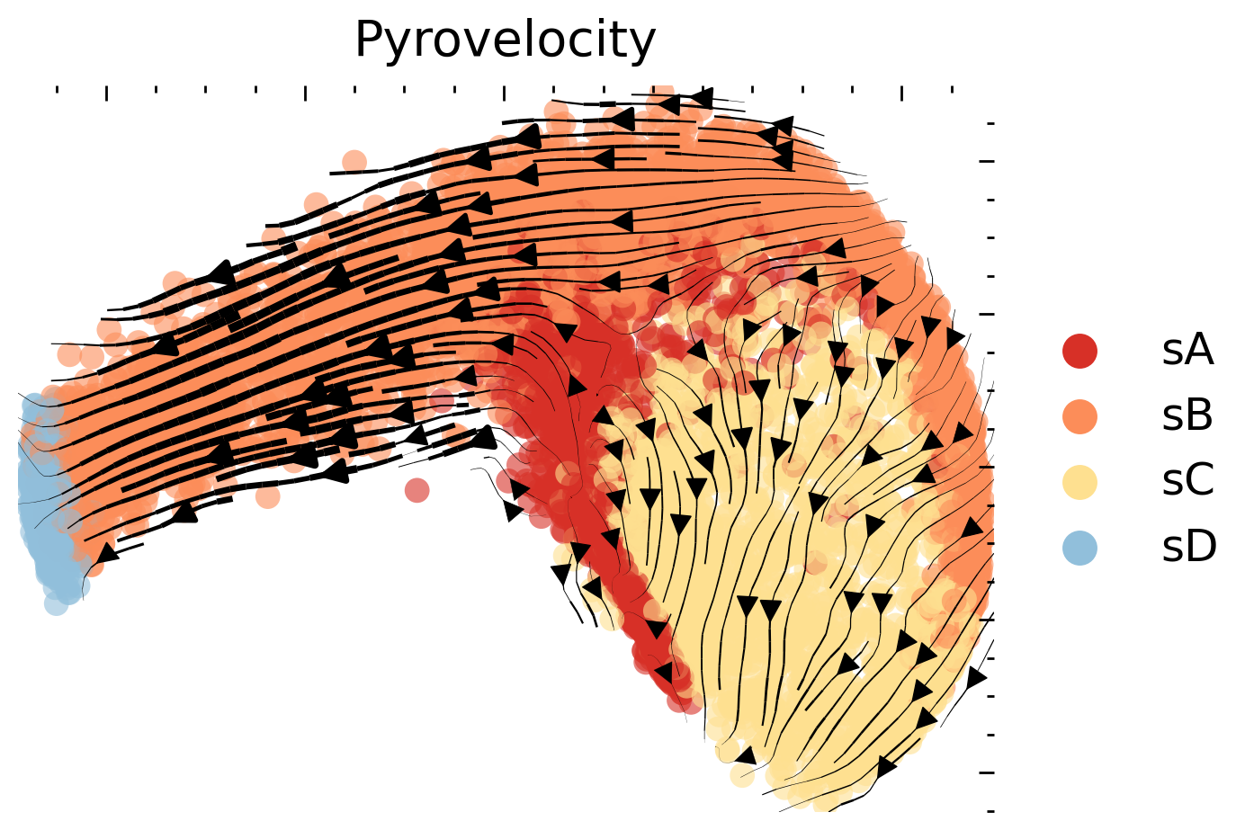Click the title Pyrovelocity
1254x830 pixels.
(x=505, y=40)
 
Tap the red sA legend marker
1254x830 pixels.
(x=1079, y=351)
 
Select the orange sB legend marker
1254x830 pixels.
(x=1079, y=416)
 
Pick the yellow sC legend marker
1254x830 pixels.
(x=1079, y=482)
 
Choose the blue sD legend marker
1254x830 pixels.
(x=1079, y=548)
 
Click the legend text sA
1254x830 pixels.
(x=1187, y=351)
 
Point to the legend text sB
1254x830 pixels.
(x=1187, y=416)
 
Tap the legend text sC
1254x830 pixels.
(x=1187, y=482)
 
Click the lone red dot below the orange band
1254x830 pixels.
(x=417, y=490)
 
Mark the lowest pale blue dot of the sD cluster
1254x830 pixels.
(x=56, y=604)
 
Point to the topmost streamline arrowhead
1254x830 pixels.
(x=701, y=97)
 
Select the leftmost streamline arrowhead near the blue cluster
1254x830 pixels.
(x=106, y=553)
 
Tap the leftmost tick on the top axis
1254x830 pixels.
(x=58, y=90)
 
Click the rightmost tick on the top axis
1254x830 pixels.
(x=952, y=90)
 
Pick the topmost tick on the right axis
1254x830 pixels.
(x=990, y=123)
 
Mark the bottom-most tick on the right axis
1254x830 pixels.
(x=990, y=810)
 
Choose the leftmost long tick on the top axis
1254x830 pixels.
(x=107, y=93)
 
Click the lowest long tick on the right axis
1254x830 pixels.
(x=987, y=772)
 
